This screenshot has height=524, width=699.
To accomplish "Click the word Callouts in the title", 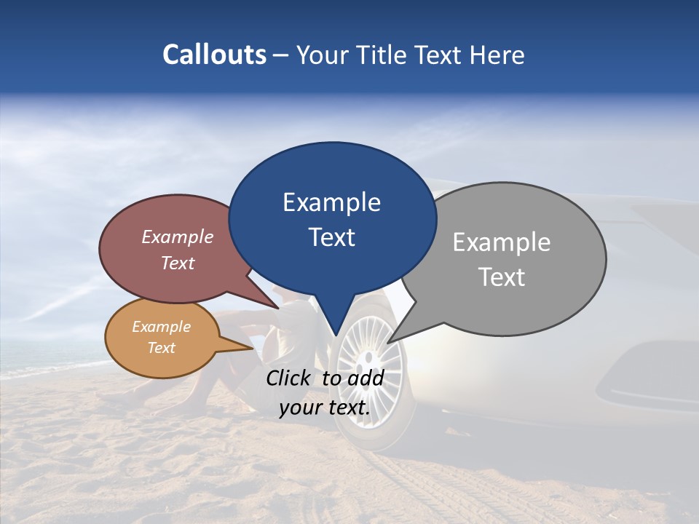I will [214, 55].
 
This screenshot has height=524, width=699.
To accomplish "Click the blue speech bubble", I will [332, 218].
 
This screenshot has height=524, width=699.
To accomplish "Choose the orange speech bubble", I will [161, 338].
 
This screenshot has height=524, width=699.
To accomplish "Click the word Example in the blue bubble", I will [331, 202].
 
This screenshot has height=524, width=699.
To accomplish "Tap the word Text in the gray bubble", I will [502, 277].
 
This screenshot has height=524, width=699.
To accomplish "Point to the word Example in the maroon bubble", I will [177, 237].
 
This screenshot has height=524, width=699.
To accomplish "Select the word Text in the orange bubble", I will [161, 348].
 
